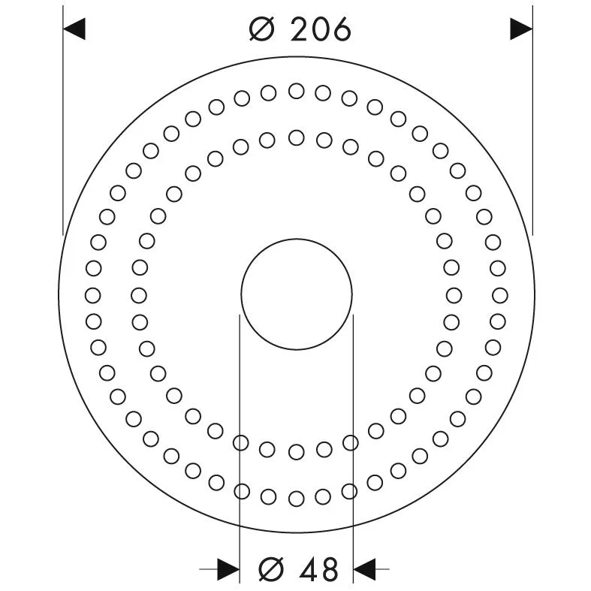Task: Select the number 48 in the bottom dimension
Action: [318, 568]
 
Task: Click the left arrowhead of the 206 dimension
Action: [74, 29]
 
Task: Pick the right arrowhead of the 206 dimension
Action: [521, 29]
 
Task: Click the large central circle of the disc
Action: [296, 294]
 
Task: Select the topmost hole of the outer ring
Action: [296, 91]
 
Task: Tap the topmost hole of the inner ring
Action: [296, 137]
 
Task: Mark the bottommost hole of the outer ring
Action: [296, 498]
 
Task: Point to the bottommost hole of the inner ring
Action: [296, 451]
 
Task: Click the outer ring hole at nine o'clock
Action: [93, 294]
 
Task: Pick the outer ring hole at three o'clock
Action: [498, 294]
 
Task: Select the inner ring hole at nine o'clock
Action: [140, 294]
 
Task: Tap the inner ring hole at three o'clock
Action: [452, 294]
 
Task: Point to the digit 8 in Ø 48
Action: [330, 568]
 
